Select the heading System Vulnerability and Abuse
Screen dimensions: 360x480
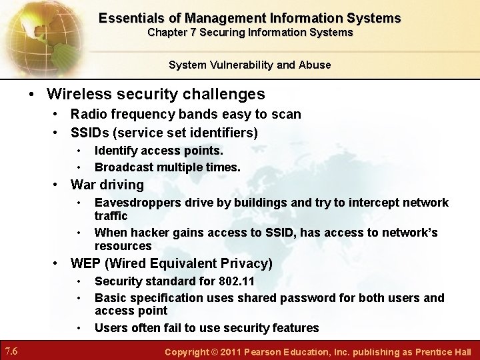coord(249,65)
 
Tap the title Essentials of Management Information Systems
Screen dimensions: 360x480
coord(250,18)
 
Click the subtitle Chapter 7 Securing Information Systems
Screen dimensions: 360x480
coord(250,32)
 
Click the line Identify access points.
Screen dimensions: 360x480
coord(159,151)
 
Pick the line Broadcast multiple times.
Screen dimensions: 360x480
coord(167,167)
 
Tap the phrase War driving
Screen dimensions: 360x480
coord(107,185)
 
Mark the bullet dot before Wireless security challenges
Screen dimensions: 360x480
coord(31,95)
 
